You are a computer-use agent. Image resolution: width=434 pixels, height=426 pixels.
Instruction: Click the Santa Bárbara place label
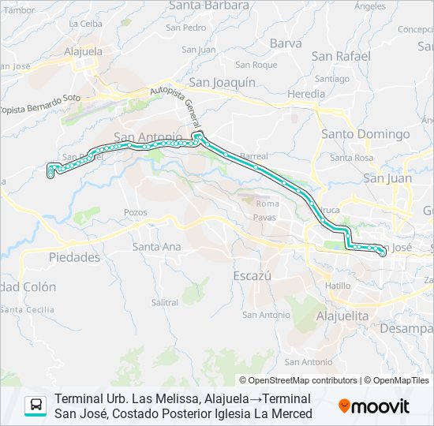(x=208, y=6)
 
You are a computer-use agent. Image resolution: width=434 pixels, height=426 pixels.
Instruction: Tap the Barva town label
(x=286, y=43)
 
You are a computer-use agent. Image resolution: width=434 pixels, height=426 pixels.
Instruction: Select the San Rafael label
(x=341, y=56)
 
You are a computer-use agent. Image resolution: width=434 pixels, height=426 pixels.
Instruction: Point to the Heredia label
(x=305, y=94)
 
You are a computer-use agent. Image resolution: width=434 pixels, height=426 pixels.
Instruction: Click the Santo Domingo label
(x=362, y=134)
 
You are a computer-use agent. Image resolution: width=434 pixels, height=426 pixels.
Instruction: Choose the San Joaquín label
(x=223, y=81)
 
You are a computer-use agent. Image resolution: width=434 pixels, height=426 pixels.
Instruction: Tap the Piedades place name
(x=74, y=257)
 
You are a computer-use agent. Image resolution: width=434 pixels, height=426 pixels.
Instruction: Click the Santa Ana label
(x=156, y=247)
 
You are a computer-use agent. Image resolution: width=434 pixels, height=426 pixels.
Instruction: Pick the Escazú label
(x=253, y=276)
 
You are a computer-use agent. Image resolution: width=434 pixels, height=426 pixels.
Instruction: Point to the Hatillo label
(x=338, y=286)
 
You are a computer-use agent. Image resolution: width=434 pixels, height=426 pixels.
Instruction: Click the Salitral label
(x=164, y=302)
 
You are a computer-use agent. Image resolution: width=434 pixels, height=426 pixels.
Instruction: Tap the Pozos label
(x=136, y=213)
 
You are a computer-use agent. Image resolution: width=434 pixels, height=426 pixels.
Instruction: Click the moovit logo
(x=374, y=406)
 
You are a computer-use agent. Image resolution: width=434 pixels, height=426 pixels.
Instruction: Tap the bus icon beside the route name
(x=36, y=406)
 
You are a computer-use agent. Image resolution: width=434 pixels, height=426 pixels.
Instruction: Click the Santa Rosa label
(x=351, y=158)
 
